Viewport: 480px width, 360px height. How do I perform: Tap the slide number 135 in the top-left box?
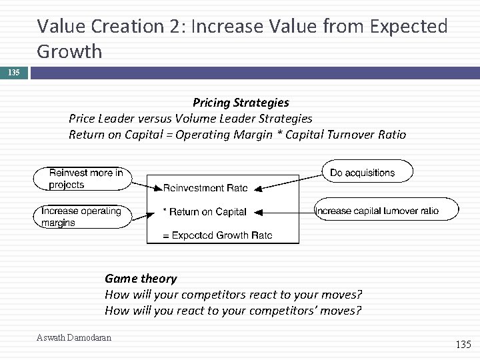coord(13,71)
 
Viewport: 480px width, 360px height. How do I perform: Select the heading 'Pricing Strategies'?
coord(241,103)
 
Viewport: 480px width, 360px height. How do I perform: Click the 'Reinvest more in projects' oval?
coord(81,178)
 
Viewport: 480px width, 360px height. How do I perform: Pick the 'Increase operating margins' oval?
coord(81,217)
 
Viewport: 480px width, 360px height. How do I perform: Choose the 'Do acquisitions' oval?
coord(366,173)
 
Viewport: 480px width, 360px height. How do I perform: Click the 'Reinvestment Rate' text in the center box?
coord(205,188)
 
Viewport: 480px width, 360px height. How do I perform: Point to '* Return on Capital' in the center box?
coord(205,212)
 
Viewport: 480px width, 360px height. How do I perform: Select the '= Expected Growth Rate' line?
coord(218,235)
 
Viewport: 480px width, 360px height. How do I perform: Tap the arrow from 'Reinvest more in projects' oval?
coord(147,185)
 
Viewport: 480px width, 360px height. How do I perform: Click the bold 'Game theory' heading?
coord(141,279)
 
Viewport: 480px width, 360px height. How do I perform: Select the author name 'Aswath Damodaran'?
coord(74,337)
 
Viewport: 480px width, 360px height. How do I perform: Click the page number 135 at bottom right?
coord(462,344)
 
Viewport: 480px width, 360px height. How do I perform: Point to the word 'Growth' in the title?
coord(69,51)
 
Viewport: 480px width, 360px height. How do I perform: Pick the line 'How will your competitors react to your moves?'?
coord(233,294)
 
